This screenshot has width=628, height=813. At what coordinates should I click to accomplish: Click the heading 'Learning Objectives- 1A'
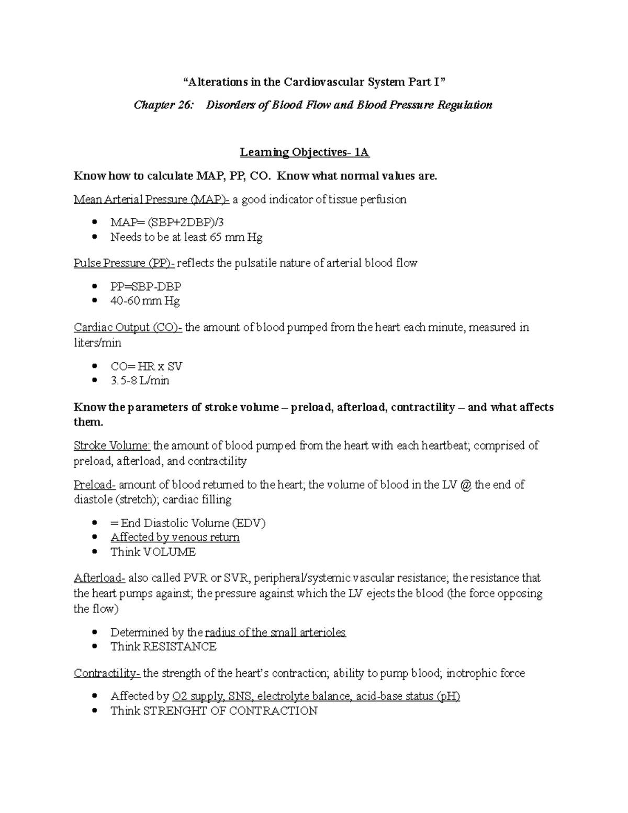click(x=305, y=152)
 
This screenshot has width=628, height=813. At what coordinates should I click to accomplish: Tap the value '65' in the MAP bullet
click(x=216, y=237)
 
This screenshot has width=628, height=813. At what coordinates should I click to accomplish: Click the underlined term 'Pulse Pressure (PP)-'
click(x=124, y=263)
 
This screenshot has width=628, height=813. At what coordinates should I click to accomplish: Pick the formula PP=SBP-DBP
click(x=146, y=287)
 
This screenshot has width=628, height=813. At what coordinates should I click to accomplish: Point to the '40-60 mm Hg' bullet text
click(x=145, y=301)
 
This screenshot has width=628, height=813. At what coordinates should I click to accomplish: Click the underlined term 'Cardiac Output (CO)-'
click(x=128, y=328)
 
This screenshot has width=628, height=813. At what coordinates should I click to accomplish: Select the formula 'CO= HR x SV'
click(x=147, y=366)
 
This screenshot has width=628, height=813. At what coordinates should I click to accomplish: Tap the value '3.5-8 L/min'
click(x=140, y=381)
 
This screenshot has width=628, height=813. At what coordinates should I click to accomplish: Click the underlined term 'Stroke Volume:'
click(x=112, y=446)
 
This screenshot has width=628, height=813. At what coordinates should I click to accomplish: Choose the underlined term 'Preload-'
click(x=95, y=485)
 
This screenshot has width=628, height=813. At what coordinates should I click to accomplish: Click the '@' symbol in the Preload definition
click(x=467, y=485)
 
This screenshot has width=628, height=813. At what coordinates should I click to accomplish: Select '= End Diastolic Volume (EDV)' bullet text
click(x=188, y=523)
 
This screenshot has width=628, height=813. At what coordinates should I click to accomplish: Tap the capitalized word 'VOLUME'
click(x=170, y=552)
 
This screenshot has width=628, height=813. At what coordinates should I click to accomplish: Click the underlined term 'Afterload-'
click(x=99, y=578)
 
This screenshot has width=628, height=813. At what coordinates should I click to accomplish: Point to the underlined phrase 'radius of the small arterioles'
click(x=276, y=632)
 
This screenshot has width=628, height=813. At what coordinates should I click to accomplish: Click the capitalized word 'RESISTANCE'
click(x=180, y=647)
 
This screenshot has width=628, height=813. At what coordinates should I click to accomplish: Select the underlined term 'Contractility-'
click(x=107, y=673)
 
